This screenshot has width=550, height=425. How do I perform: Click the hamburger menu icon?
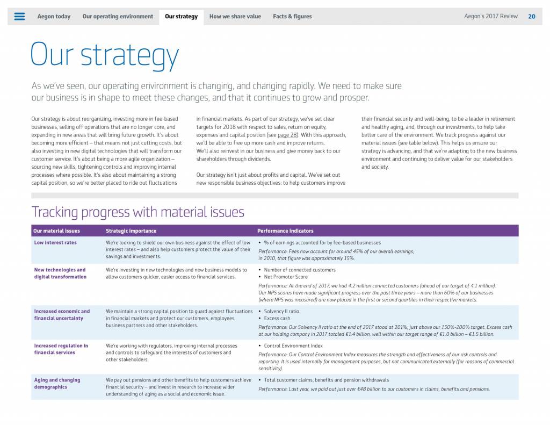tap(19, 17)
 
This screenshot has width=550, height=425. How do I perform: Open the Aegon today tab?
tap(54, 17)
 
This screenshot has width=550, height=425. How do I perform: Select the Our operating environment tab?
tap(118, 17)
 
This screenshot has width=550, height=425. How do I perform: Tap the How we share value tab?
tap(235, 17)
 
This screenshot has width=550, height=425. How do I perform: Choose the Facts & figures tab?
tap(292, 17)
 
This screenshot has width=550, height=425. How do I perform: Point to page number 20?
tap(531, 17)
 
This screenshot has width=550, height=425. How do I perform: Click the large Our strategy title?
tap(105, 54)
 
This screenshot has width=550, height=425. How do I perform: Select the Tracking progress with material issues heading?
tap(138, 212)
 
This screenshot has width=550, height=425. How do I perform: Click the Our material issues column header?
tap(56, 231)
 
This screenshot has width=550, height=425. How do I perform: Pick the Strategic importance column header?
tap(131, 231)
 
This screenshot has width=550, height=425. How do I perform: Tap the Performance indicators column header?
tap(285, 231)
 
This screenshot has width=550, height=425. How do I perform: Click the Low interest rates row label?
tap(55, 243)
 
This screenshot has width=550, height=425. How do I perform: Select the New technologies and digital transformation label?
tap(60, 273)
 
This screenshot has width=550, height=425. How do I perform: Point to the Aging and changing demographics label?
tap(57, 384)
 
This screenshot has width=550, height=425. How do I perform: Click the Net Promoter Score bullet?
tap(286, 277)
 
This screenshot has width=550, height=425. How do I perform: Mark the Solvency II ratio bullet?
tap(281, 312)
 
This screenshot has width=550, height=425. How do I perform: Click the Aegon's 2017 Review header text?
tap(491, 17)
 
